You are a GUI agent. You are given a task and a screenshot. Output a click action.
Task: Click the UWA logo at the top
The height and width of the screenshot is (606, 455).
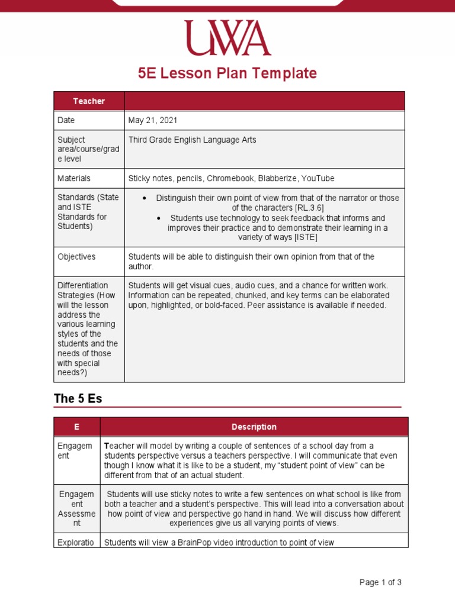point(227,38)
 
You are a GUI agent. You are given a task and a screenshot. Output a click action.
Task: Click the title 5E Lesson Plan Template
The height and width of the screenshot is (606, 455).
point(227,73)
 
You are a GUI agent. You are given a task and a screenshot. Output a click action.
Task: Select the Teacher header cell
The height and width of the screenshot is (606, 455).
point(89,101)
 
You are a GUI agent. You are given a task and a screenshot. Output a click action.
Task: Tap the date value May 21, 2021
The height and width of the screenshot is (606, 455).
point(153,120)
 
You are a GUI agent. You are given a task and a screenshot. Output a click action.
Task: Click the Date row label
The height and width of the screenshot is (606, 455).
point(66,120)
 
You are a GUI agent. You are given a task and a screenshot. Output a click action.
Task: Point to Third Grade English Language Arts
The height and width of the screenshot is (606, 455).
point(192,140)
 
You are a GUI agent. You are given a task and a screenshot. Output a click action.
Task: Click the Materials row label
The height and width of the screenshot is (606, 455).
point(74,178)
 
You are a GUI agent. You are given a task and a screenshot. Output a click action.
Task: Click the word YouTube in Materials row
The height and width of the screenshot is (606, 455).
point(318,178)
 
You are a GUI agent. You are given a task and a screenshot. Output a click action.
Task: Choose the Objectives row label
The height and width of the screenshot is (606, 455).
point(76,257)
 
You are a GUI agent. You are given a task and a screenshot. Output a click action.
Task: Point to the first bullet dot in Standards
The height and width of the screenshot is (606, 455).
point(145,198)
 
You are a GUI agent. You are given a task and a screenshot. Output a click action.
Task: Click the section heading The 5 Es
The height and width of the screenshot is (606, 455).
point(78,398)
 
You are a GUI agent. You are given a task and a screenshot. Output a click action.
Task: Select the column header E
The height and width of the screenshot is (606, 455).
point(76,427)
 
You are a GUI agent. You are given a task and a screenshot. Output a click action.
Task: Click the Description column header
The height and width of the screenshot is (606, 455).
point(254,427)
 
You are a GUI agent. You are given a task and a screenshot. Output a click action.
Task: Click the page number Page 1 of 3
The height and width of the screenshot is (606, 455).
point(380,582)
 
